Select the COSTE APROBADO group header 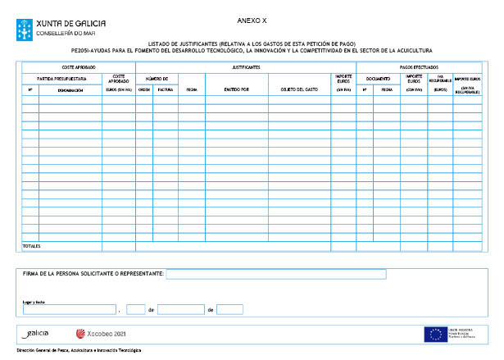click(79, 66)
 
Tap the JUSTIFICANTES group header click(246, 66)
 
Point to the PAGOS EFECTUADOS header click(419, 66)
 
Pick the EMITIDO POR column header click(237, 89)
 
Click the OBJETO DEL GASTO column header click(299, 89)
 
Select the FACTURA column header click(165, 89)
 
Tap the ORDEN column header click(144, 89)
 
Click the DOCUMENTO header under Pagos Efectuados click(378, 78)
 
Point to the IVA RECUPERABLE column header click(440, 80)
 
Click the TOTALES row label click(31, 245)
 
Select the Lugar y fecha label click(34, 302)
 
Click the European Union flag click(434, 334)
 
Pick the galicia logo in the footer click(37, 334)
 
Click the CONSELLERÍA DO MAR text click(62, 34)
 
